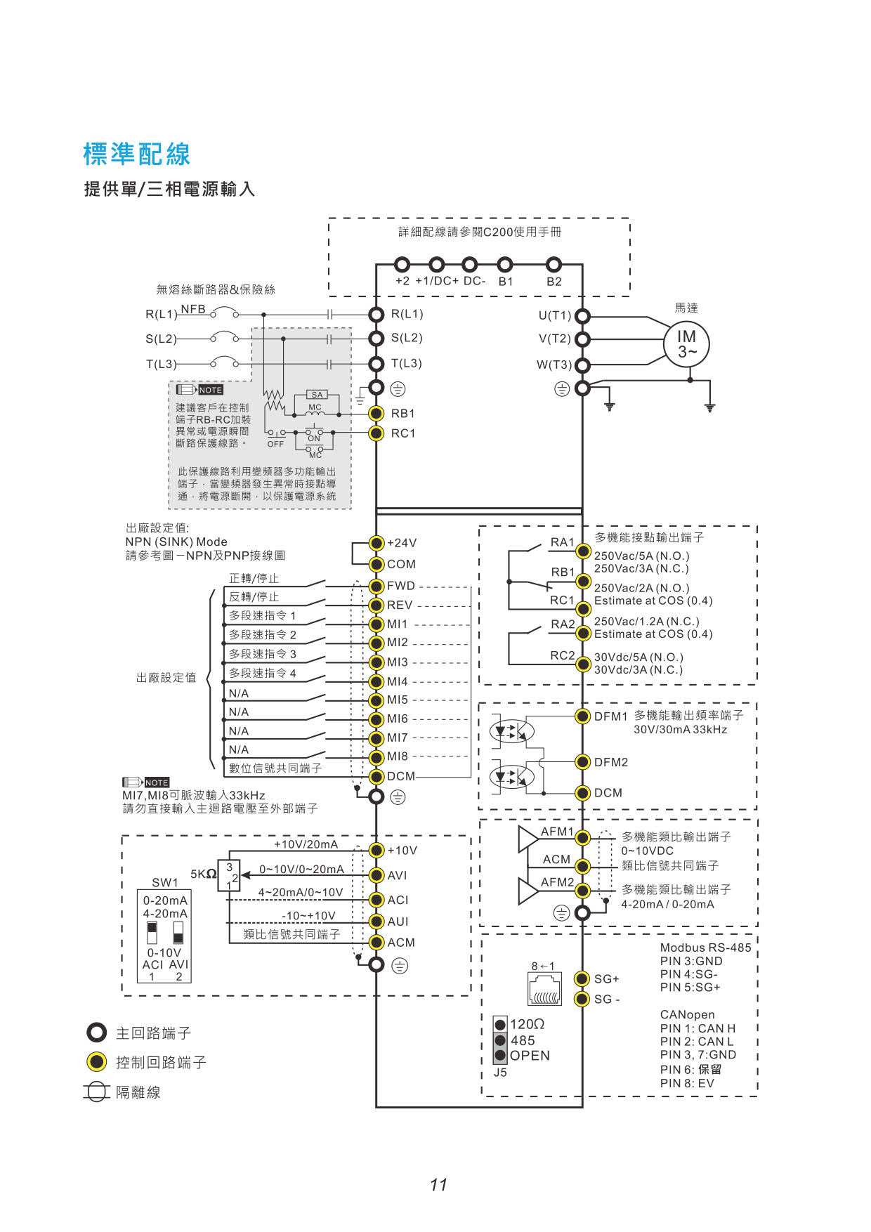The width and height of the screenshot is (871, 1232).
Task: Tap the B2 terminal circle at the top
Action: click(554, 265)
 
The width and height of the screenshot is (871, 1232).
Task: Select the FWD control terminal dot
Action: click(376, 586)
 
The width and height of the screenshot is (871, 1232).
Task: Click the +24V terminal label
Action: click(402, 543)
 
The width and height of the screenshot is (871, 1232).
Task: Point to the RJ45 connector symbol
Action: click(544, 989)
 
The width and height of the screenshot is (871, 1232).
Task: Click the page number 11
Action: click(438, 1185)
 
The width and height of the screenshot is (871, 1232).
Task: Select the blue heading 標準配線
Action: click(137, 154)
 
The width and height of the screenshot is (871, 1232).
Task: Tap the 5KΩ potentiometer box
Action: click(229, 876)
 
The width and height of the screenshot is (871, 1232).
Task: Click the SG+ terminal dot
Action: click(582, 978)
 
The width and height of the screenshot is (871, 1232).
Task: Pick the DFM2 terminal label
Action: click(611, 762)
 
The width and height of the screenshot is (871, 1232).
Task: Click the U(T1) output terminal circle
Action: click(582, 316)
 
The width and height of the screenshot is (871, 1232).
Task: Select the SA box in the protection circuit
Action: click(317, 395)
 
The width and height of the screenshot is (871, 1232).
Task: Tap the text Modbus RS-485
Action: click(705, 948)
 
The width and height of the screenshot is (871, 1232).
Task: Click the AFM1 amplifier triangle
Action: click(528, 839)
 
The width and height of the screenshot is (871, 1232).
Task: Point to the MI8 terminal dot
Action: click(376, 757)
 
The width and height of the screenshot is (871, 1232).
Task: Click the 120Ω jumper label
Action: click(528, 1024)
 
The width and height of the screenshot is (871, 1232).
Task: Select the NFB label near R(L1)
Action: click(193, 309)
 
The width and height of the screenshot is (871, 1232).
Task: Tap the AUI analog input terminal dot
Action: click(376, 922)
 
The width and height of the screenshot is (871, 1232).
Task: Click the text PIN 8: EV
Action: click(687, 1083)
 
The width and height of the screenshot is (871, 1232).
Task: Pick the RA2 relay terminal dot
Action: click(582, 633)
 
